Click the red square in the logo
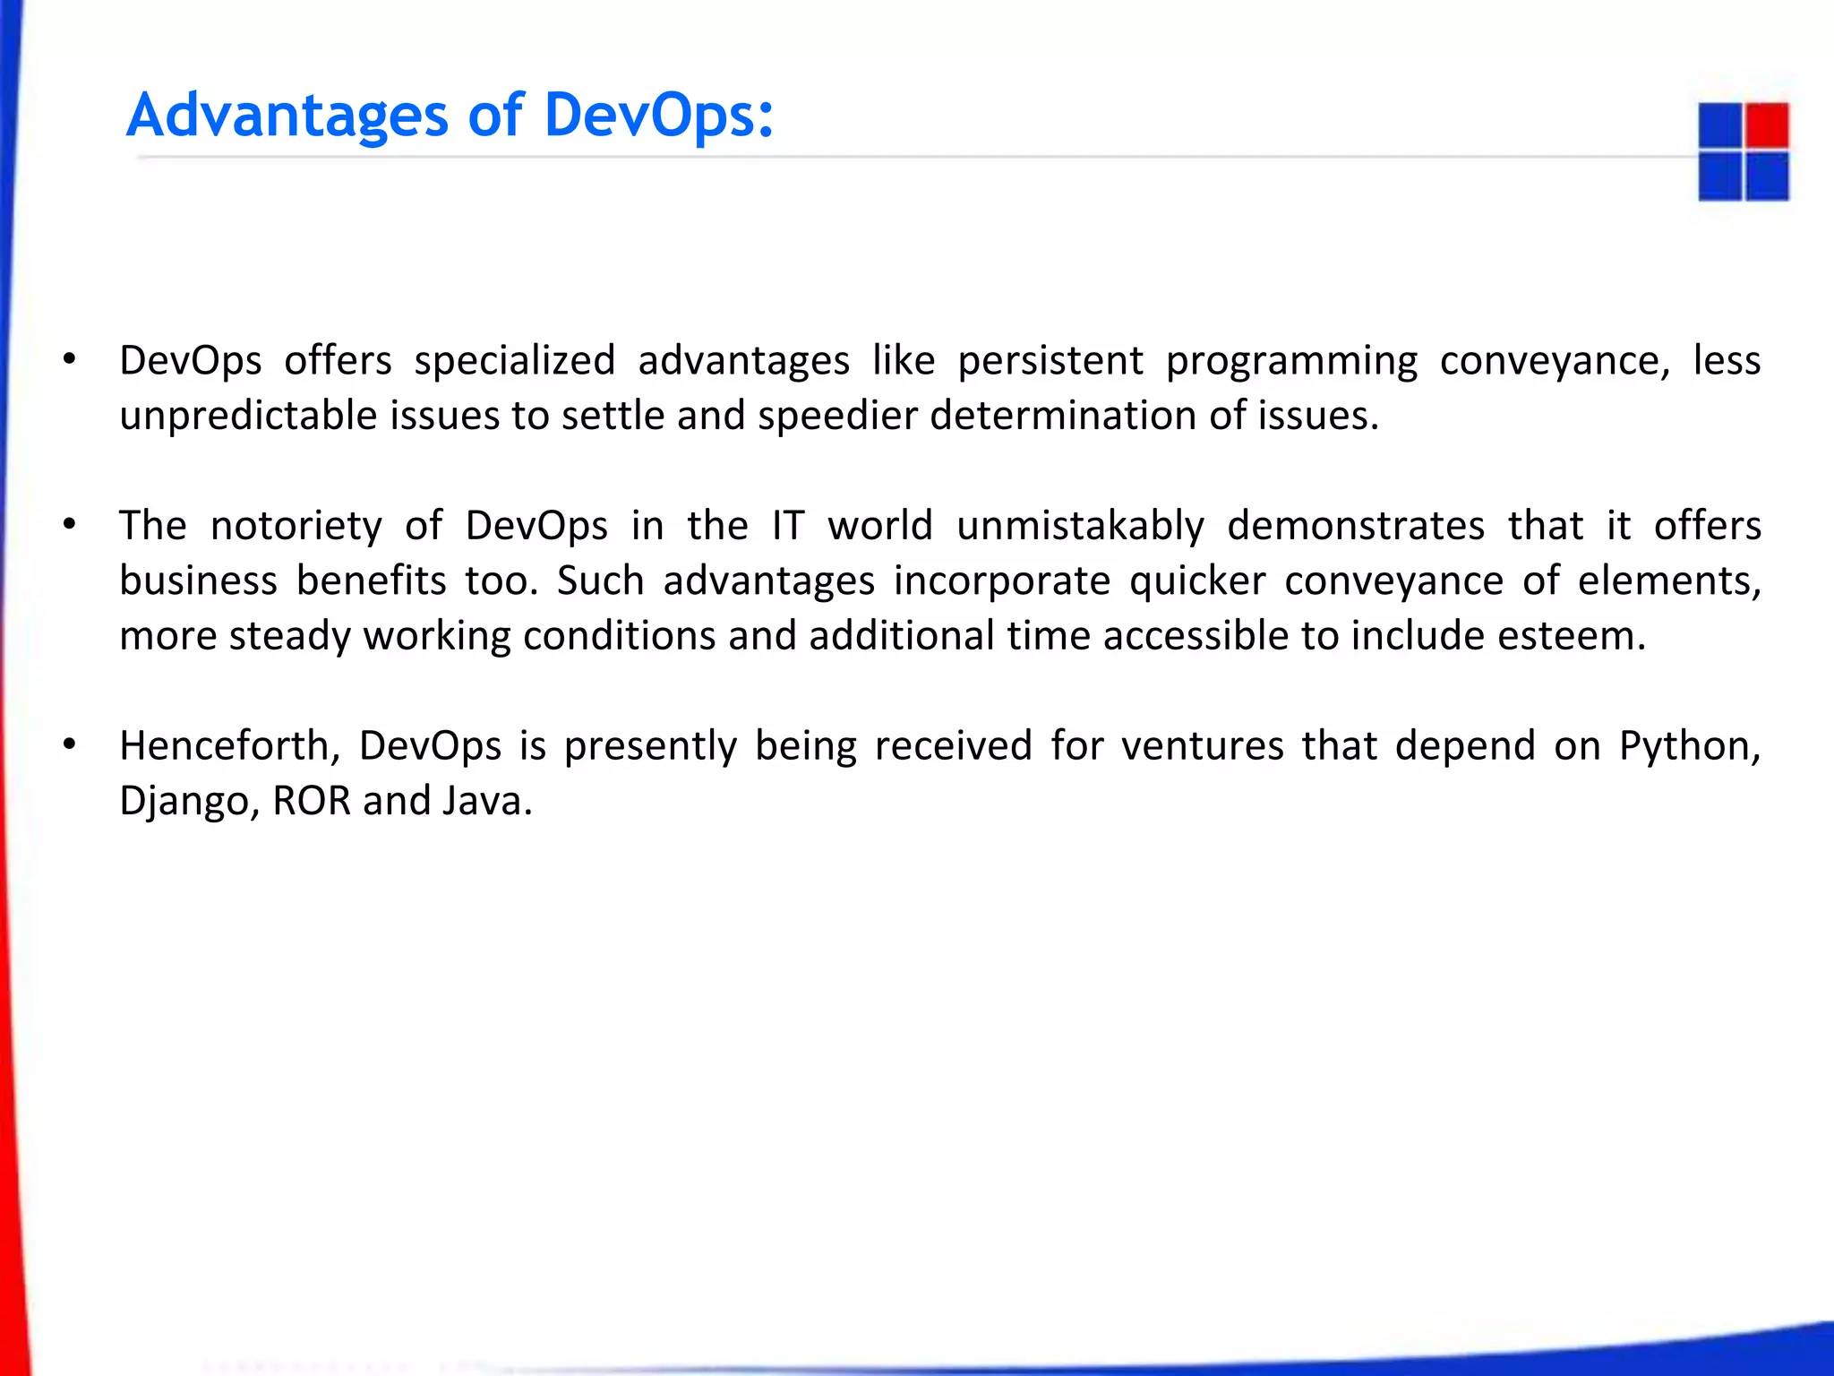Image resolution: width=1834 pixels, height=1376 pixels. [x=1767, y=125]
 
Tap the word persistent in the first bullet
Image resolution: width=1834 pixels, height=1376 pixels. [x=1050, y=361]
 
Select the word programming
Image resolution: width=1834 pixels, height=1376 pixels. [x=1291, y=361]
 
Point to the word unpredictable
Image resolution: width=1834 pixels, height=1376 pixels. [x=247, y=416]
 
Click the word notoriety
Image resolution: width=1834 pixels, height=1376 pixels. [x=296, y=526]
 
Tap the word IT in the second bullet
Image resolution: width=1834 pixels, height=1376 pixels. [x=788, y=526]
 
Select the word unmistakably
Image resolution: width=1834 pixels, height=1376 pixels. [x=1080, y=526]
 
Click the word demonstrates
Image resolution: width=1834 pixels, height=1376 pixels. [x=1355, y=526]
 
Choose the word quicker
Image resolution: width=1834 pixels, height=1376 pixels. [x=1197, y=581]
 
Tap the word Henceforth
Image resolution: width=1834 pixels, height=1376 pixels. [x=229, y=746]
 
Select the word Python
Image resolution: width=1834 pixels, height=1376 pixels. [x=1689, y=746]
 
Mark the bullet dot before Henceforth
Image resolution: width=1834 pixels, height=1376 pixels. [x=69, y=744]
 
